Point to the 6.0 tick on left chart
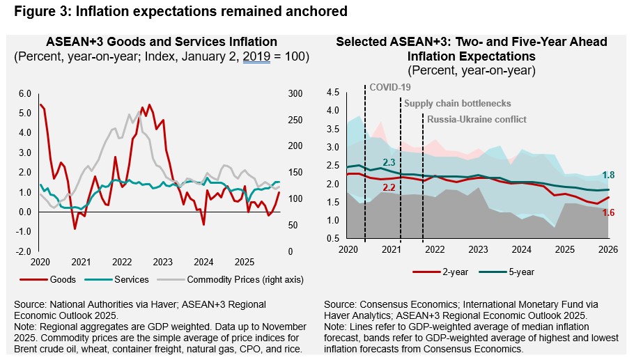[x=24, y=93]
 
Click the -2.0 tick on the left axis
[x=23, y=251]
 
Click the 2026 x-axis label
[x=608, y=249]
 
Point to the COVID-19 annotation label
[x=389, y=87]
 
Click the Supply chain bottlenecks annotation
[x=458, y=103]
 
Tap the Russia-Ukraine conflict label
[x=477, y=119]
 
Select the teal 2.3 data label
[x=389, y=162]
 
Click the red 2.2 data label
[x=389, y=188]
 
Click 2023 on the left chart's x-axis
[x=162, y=262]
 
